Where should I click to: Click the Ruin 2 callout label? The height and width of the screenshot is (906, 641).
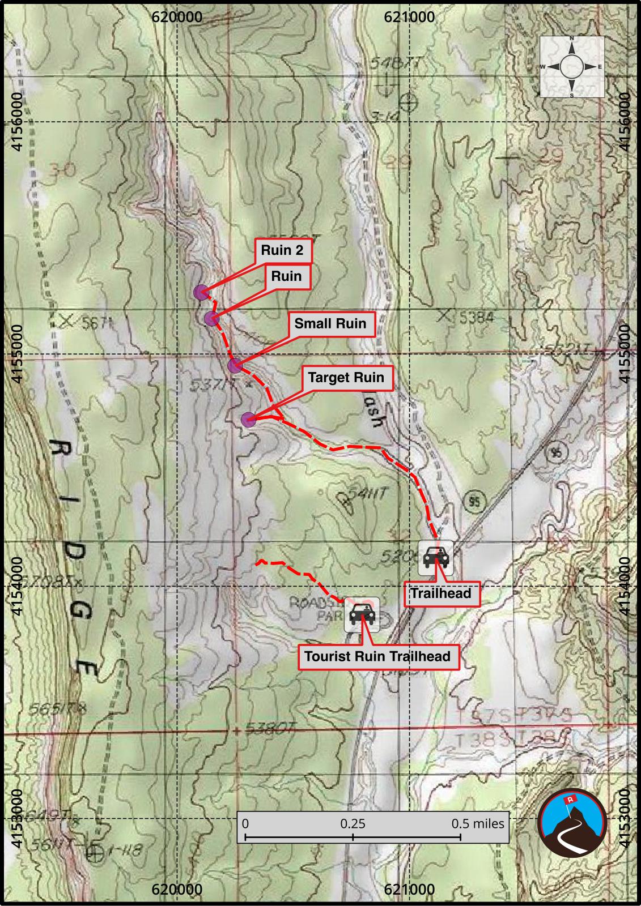pos(282,250)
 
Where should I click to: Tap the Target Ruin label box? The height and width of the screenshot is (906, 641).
pos(346,378)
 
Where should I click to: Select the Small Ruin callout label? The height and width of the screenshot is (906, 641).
pos(330,324)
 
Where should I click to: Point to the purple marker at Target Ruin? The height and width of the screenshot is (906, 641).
pos(248,420)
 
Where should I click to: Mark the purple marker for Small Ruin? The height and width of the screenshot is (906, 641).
pos(235,366)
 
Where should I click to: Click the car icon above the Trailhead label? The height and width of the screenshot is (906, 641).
pos(436,558)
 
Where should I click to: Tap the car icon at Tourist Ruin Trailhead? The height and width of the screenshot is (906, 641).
pos(362,614)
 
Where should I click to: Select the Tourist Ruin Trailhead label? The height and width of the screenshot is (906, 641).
pos(377,657)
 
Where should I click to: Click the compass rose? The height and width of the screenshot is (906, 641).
pos(571,67)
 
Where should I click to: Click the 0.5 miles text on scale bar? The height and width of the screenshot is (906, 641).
pos(477,824)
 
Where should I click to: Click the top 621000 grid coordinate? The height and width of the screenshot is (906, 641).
pos(409,17)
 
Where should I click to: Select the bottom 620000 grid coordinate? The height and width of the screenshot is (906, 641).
pos(177,890)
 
